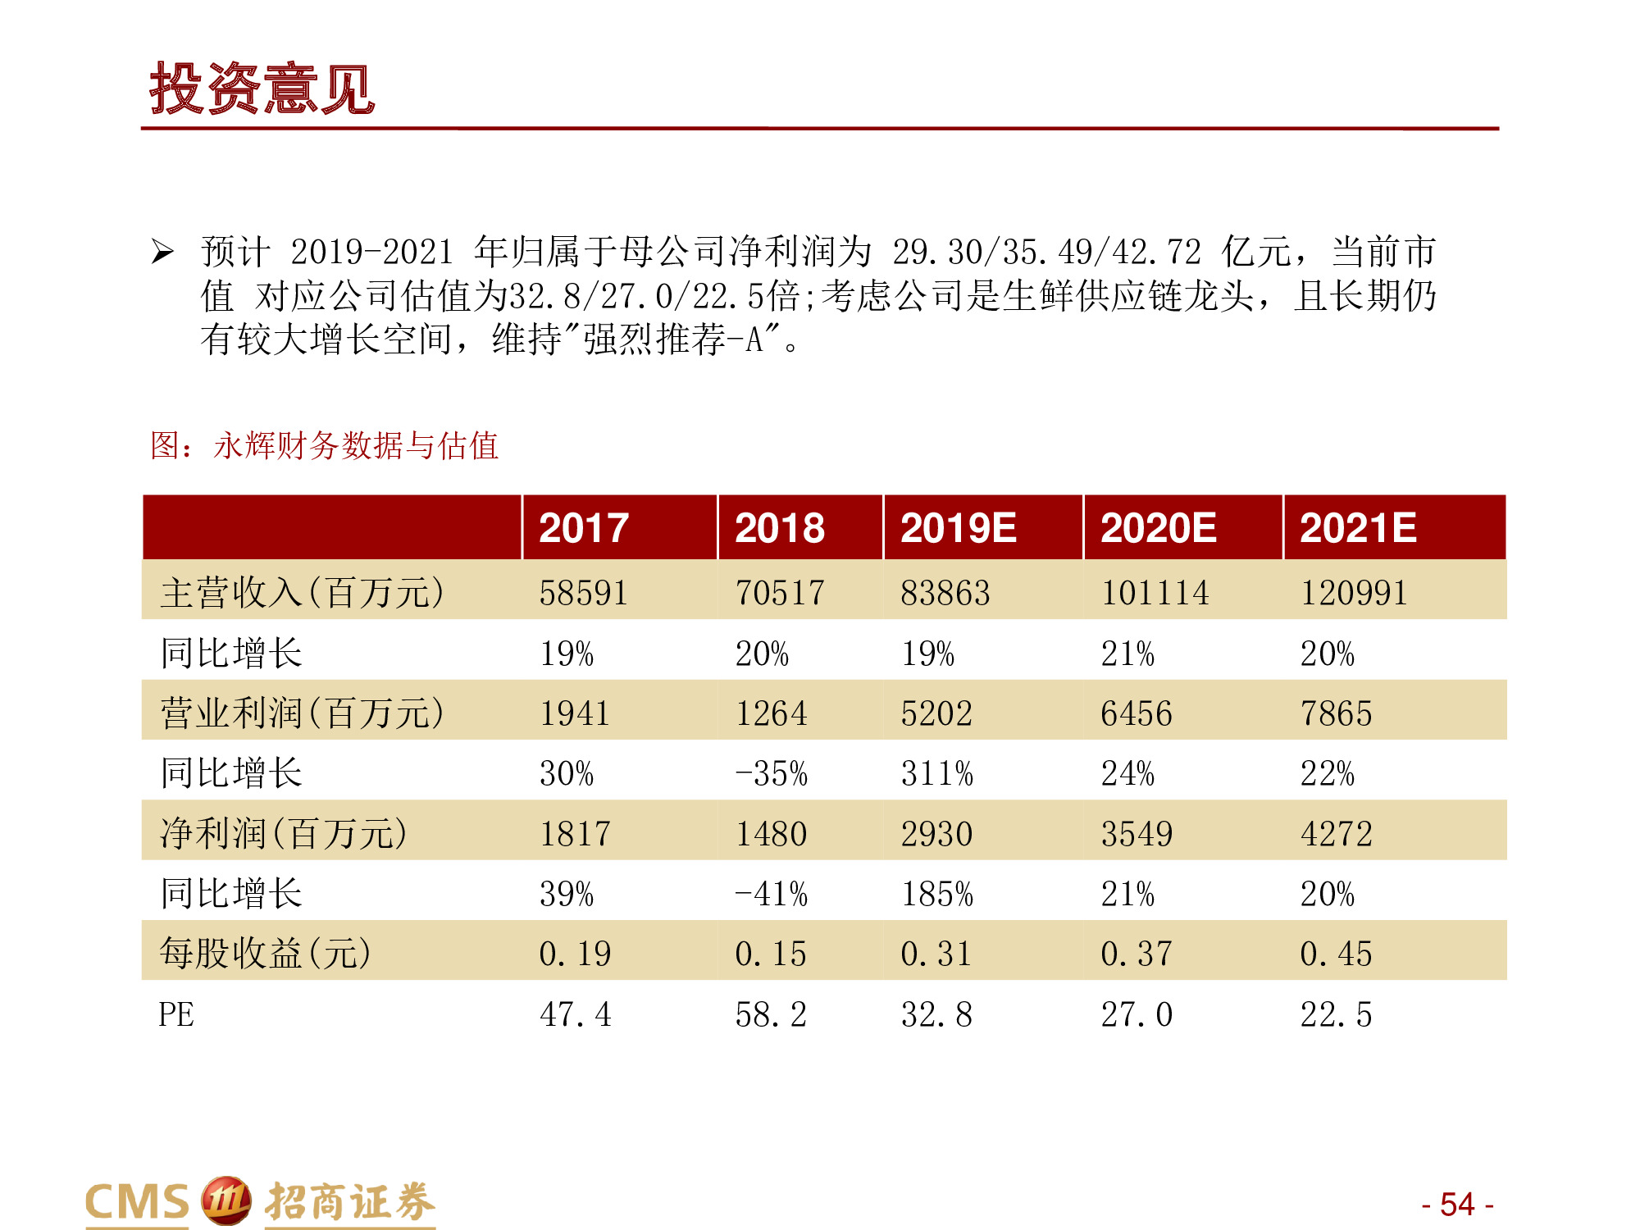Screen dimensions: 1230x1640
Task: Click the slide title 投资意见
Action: coord(262,89)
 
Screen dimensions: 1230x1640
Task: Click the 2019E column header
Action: coord(958,527)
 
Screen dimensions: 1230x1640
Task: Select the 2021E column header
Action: coord(1358,527)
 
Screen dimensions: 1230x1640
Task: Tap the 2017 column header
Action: coord(583,527)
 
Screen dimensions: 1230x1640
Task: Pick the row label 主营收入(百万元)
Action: coord(302,592)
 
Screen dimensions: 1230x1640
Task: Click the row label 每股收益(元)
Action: coord(265,953)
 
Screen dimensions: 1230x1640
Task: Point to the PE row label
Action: coord(176,1014)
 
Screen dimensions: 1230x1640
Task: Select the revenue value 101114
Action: coord(1155,592)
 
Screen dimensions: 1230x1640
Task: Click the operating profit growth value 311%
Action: coord(936,773)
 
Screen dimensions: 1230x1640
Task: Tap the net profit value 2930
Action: coord(936,834)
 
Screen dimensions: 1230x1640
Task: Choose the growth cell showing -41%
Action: coord(771,894)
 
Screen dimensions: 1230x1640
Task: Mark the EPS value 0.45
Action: coord(1336,954)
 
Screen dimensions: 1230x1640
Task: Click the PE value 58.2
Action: coord(771,1014)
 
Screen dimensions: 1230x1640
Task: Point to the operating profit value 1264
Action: coord(771,713)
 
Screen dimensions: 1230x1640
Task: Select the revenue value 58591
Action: coord(583,592)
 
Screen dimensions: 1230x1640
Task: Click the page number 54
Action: coord(1457,1204)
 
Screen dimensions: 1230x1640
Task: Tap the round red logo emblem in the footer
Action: coord(226,1201)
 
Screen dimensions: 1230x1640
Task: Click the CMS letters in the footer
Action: coord(137,1203)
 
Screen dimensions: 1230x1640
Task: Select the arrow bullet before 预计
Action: coord(162,252)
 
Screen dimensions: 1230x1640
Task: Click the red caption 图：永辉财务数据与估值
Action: coord(324,445)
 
